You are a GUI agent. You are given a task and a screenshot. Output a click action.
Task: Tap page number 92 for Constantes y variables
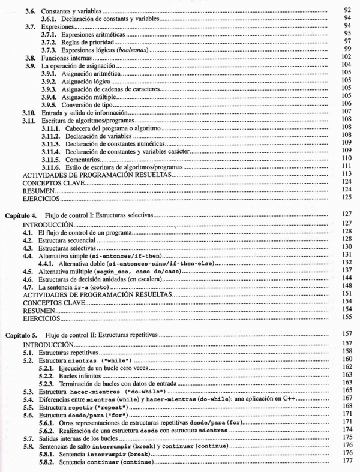(x=347, y=10)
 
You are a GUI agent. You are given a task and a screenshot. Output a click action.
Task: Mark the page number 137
(x=345, y=271)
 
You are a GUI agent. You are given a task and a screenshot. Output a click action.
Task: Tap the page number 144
(x=345, y=280)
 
